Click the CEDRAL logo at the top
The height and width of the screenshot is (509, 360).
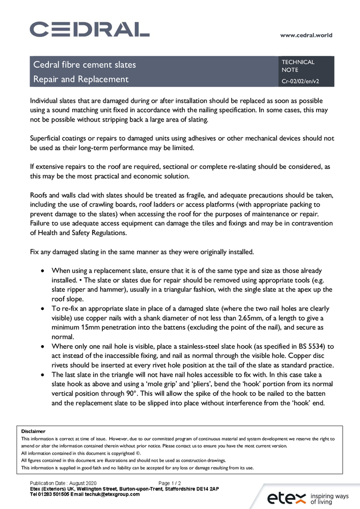pos(89,29)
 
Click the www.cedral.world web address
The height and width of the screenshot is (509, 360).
pos(306,35)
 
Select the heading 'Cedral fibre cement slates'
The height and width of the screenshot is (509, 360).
pos(85,65)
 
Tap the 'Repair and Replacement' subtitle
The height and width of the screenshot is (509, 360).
pos(81,79)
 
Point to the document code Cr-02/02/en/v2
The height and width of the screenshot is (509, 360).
pos(300,81)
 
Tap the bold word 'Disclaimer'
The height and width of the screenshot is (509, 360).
pos(33,431)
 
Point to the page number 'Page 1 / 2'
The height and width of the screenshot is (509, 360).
pos(170,483)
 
